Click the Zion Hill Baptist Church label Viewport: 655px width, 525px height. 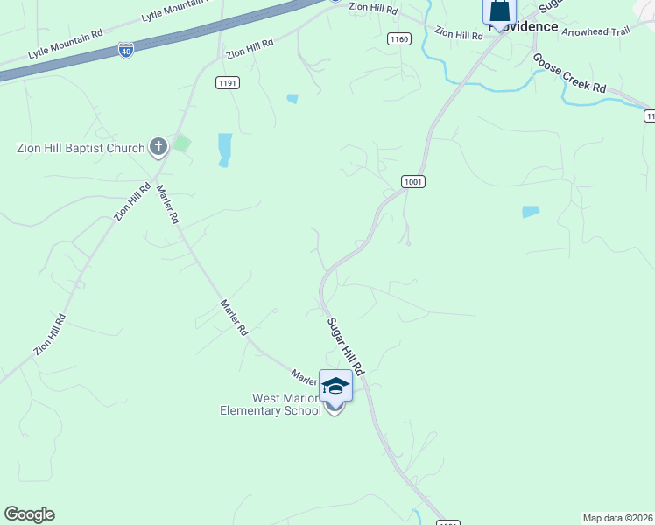point(80,148)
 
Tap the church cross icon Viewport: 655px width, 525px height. point(158,146)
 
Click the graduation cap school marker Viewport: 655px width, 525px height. point(335,385)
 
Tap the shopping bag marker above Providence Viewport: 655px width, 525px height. point(499,11)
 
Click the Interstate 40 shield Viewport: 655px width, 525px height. point(126,50)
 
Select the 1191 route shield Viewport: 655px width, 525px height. point(228,82)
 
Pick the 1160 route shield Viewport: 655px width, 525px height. point(398,39)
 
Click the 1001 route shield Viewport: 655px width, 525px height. point(414,181)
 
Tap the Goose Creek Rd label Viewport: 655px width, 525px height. point(569,73)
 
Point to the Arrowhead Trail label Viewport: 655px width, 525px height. point(595,31)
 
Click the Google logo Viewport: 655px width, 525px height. point(29,514)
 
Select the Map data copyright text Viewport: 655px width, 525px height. point(618,517)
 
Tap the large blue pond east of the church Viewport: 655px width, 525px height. point(225,150)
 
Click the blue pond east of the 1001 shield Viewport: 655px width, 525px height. point(531,212)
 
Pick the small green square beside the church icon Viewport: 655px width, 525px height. point(181,143)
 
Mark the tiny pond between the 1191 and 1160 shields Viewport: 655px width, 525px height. point(292,98)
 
